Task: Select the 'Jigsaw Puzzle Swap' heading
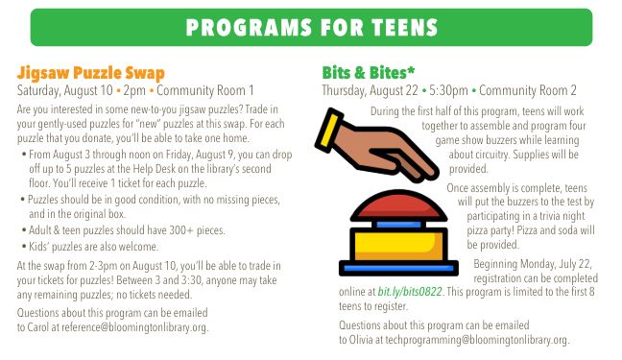pyautogui.click(x=91, y=73)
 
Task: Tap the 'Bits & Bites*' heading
pyautogui.click(x=368, y=74)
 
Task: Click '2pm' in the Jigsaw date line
pyautogui.click(x=134, y=91)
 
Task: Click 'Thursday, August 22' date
pyautogui.click(x=371, y=91)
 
